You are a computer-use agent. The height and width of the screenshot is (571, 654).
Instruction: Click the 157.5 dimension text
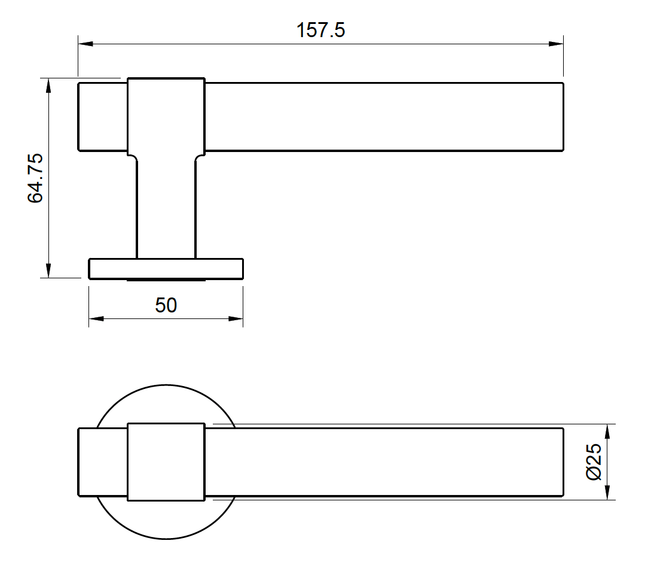point(320,31)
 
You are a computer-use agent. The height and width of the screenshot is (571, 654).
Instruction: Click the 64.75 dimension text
point(36,178)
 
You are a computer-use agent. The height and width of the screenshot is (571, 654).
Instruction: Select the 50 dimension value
point(166,305)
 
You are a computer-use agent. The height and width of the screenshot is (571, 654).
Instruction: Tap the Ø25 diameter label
point(594,462)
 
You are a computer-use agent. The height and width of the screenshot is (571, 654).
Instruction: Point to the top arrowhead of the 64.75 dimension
point(48,86)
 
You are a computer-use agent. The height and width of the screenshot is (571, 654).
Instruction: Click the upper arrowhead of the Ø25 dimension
point(608,432)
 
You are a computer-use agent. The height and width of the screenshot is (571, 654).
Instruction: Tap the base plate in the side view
point(166,269)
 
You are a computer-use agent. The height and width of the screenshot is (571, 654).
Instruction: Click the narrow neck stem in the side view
point(166,206)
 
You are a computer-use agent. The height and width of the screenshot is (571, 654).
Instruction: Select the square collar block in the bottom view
point(166,462)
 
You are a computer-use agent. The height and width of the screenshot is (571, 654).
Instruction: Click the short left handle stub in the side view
point(103,117)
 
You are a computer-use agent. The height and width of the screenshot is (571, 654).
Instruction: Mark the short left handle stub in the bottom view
point(103,462)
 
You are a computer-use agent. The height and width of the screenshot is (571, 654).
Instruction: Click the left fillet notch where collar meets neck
point(133,157)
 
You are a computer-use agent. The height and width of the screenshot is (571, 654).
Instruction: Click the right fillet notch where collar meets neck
point(199,157)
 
